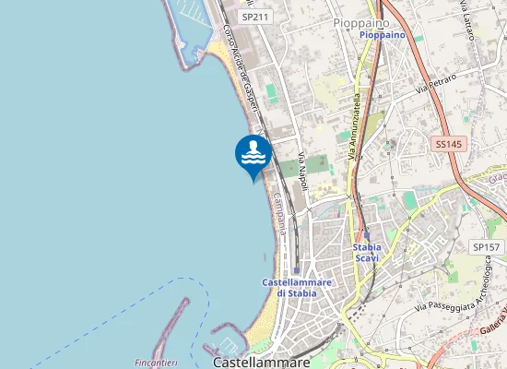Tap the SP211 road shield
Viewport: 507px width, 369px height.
[x=253, y=17]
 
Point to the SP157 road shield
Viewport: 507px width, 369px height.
[x=486, y=247]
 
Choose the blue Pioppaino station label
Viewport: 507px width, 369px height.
[x=382, y=35]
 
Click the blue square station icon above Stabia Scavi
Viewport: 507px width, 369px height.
[x=367, y=235]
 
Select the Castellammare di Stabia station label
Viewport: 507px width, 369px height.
[x=289, y=287]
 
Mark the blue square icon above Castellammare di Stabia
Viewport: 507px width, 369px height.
[x=296, y=270]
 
